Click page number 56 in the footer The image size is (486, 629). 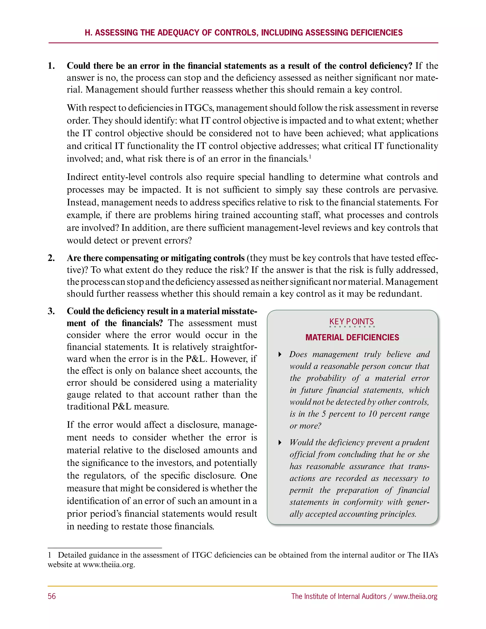[x=52, y=596]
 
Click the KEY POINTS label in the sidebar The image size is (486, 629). [x=351, y=321]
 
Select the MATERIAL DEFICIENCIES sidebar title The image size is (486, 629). [x=352, y=337]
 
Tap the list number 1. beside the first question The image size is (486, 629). [x=51, y=66]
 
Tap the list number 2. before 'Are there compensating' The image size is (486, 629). [x=51, y=258]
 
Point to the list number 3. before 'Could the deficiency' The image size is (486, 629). [x=51, y=311]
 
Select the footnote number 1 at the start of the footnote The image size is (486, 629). [x=50, y=555]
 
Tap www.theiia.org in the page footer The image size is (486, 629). [x=416, y=596]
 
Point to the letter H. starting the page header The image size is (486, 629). [x=88, y=33]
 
